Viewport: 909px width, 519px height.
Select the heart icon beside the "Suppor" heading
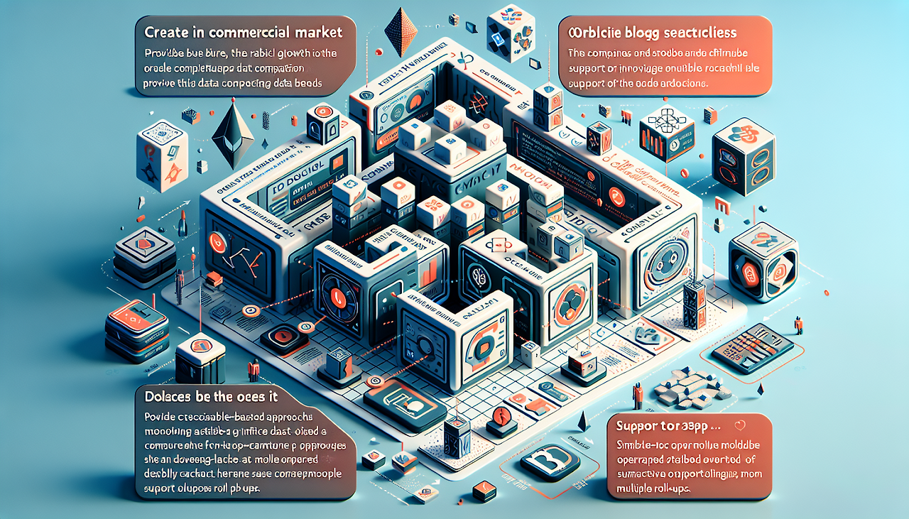(741, 427)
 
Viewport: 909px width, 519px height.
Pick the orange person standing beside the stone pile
(638, 394)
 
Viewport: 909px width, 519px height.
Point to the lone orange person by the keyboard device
(799, 325)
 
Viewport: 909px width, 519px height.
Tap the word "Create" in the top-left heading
(166, 33)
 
